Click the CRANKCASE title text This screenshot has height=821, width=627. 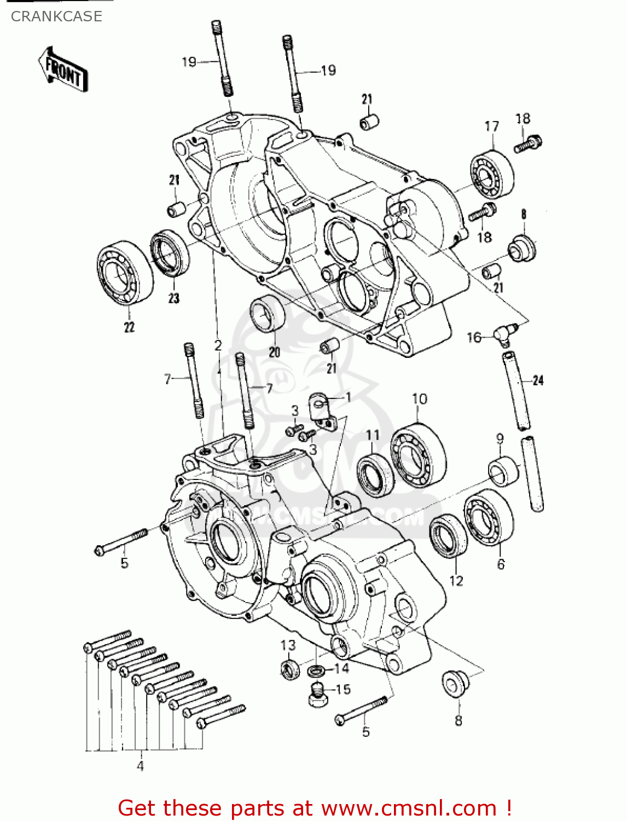pos(56,16)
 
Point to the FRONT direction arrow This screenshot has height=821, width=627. pos(63,70)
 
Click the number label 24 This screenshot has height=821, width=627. pos(538,380)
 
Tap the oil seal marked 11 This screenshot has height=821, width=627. pos(375,475)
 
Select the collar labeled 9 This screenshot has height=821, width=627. pos(503,470)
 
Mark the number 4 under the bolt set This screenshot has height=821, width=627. pos(140,766)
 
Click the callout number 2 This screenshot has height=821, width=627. pos(218,345)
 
